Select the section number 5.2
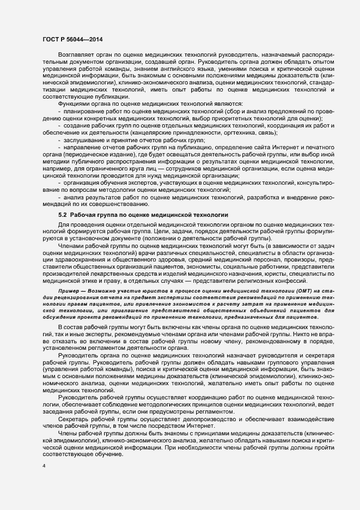(63, 215)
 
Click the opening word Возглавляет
(76, 56)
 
